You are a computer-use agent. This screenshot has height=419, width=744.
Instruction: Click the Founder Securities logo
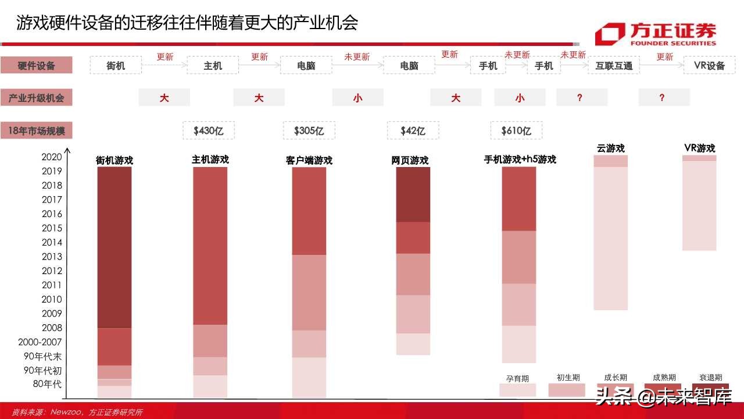[x=655, y=34]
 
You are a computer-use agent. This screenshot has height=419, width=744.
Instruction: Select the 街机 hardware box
[x=116, y=66]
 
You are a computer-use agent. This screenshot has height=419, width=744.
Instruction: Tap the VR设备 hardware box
[x=709, y=65]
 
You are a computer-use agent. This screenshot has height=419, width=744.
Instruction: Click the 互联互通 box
[x=614, y=66]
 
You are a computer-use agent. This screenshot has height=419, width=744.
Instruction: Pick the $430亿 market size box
[x=209, y=131]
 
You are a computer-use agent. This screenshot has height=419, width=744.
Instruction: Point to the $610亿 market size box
[x=516, y=131]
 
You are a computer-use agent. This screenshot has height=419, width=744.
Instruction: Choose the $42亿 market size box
[x=413, y=131]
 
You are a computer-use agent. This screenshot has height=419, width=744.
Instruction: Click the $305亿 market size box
[x=309, y=131]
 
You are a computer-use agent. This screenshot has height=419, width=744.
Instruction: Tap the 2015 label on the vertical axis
[x=52, y=228]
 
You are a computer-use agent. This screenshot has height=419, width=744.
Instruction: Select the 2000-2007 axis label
[x=40, y=342]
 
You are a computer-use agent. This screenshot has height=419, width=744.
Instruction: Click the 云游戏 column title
[x=610, y=148]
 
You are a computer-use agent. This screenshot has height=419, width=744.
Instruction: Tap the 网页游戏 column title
[x=410, y=160]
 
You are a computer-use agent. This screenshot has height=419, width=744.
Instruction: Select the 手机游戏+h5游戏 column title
[x=520, y=159]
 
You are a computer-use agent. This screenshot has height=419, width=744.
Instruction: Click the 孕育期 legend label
[x=517, y=378]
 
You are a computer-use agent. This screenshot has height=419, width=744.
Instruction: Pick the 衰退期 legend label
[x=710, y=378]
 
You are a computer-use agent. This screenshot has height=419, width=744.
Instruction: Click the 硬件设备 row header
[x=36, y=66]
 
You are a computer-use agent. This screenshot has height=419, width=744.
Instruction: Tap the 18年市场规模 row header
[x=36, y=131]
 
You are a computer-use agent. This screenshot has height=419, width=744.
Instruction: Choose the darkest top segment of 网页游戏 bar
[x=413, y=194]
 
